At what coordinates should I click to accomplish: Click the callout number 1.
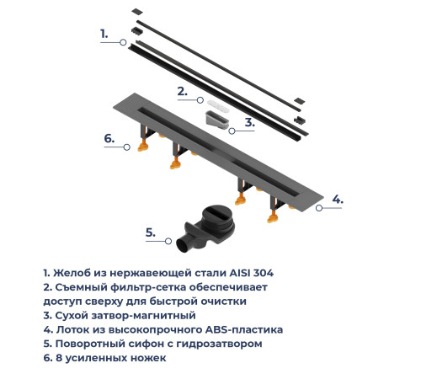104,34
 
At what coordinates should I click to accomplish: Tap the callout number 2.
181,91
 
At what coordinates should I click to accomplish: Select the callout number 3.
249,122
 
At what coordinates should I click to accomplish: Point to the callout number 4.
337,200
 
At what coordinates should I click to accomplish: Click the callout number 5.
149,232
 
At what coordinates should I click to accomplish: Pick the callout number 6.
109,138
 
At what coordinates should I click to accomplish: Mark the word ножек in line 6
147,358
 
